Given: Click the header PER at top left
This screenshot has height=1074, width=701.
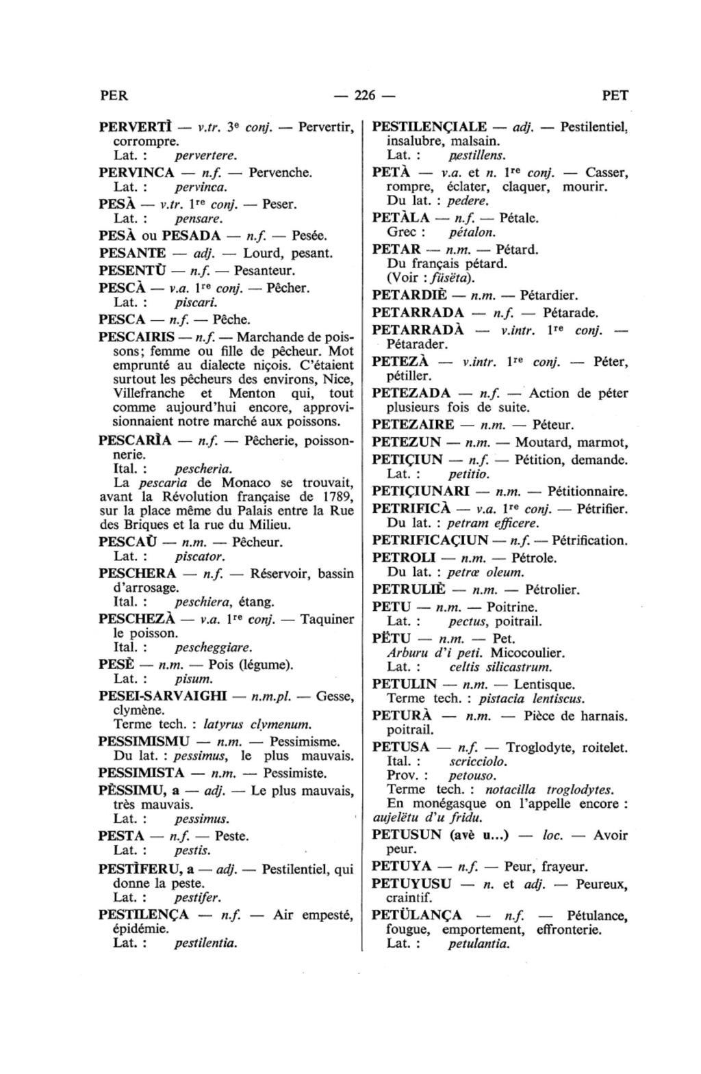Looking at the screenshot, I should [114, 96].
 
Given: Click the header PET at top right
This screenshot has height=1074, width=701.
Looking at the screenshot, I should [615, 96].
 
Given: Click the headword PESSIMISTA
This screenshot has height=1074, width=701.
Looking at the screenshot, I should [142, 773].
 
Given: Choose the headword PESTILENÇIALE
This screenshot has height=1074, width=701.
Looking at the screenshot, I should [429, 127].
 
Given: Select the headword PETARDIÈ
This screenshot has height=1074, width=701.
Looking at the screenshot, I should [409, 296].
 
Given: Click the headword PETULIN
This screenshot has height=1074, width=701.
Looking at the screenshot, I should [405, 684].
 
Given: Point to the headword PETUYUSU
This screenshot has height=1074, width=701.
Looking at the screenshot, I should [411, 883].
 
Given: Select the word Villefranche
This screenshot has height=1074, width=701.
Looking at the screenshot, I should [149, 393].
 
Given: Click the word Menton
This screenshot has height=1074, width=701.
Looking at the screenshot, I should [252, 393].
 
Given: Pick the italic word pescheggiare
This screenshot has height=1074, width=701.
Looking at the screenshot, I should [214, 647].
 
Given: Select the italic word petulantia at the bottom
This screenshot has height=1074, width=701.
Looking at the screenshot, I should [479, 945].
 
